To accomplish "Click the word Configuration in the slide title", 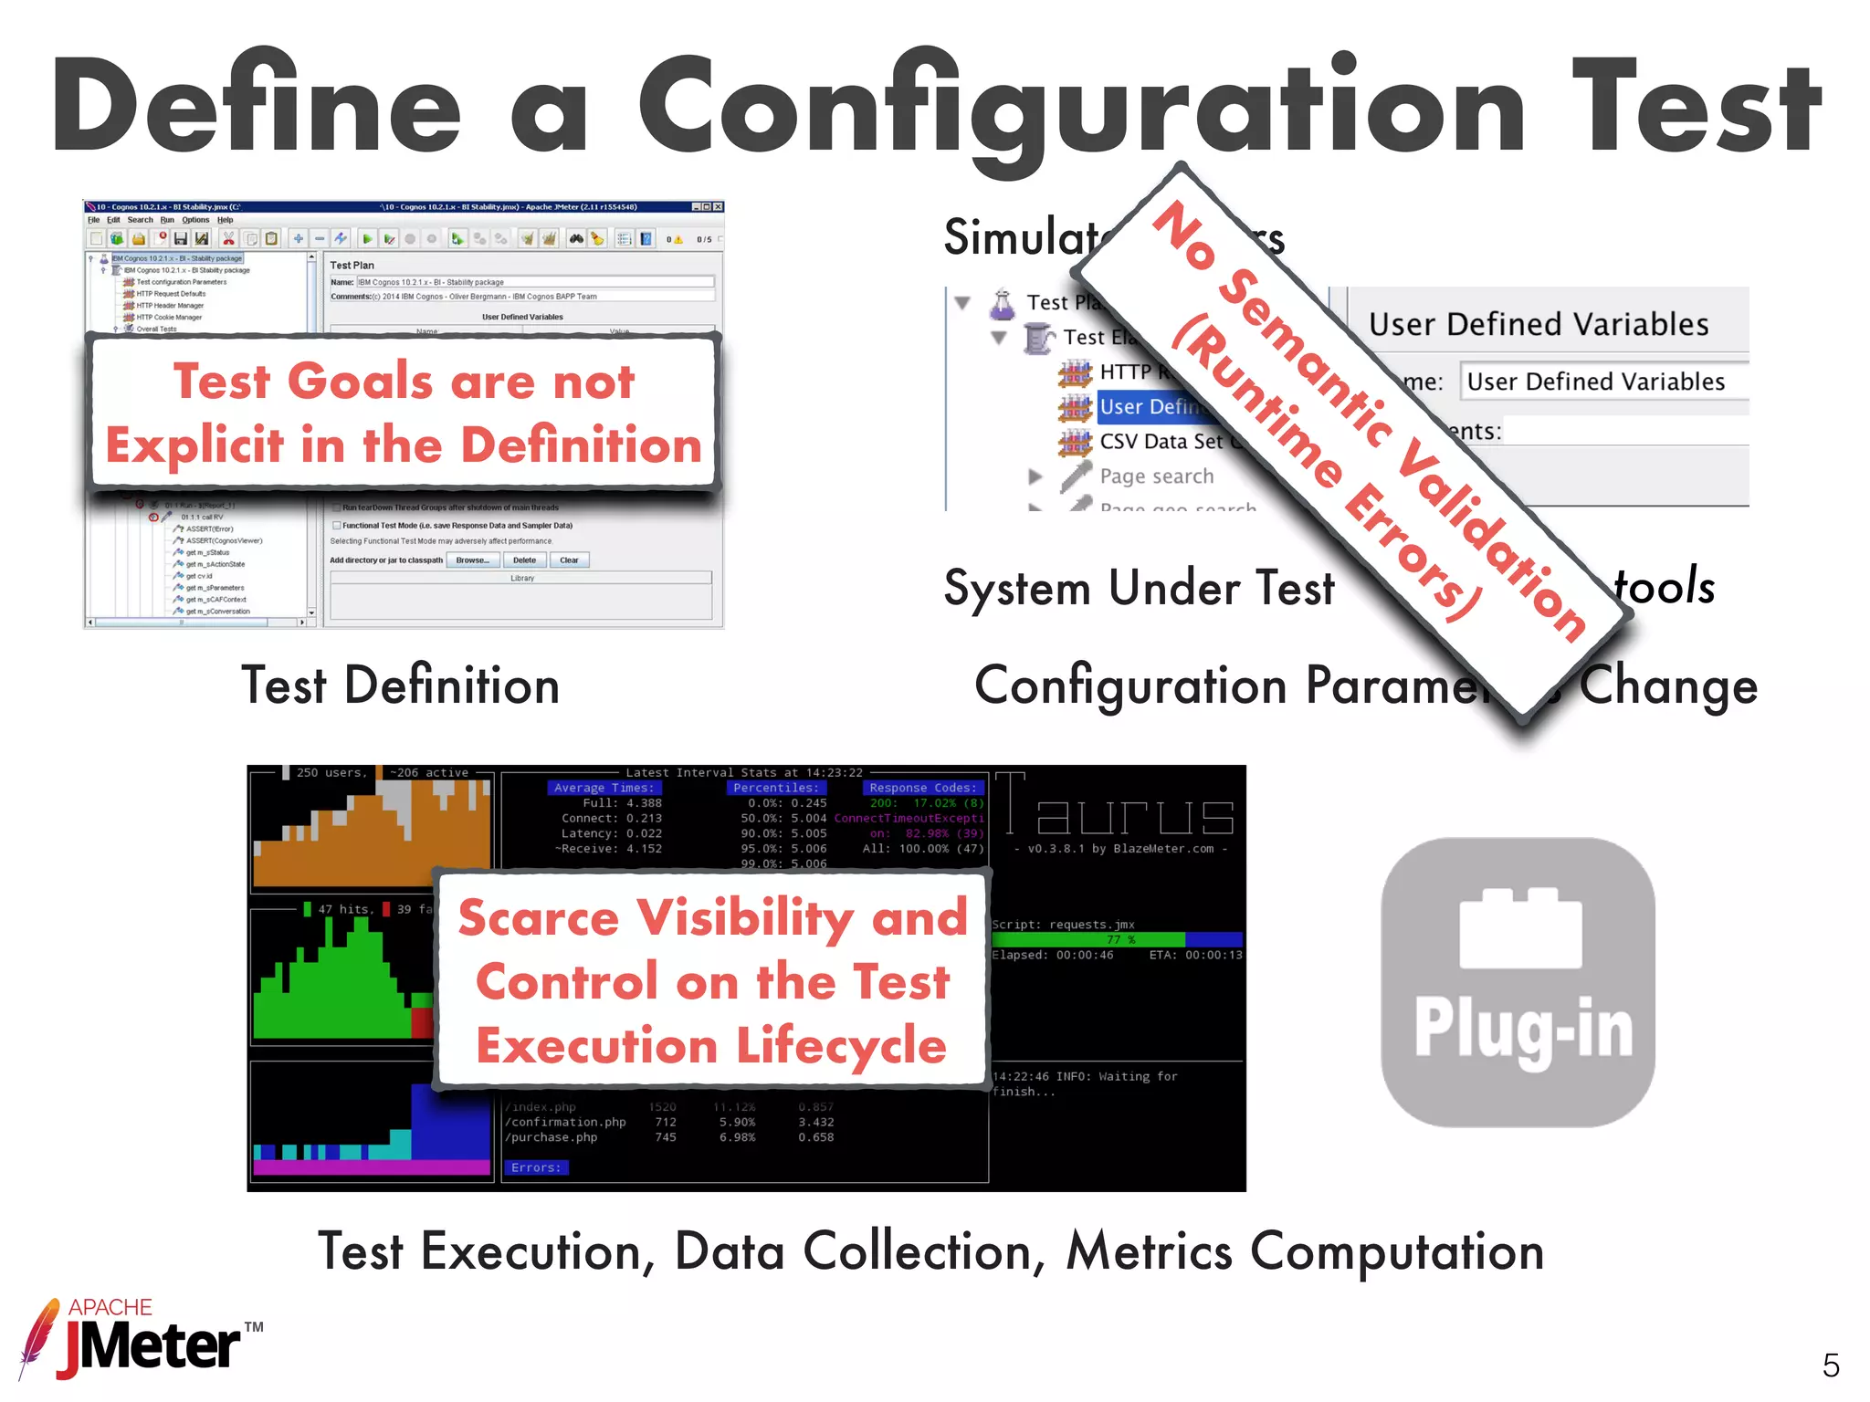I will [x=1082, y=108].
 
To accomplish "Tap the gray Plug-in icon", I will [x=1518, y=982].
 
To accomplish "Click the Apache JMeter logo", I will [x=137, y=1338].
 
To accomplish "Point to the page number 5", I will [x=1830, y=1365].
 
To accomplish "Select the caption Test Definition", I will [x=400, y=686].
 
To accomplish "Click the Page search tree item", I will [x=1156, y=476].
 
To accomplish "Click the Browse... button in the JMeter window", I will [x=472, y=560].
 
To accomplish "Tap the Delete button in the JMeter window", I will [x=524, y=560].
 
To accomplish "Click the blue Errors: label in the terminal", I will [x=536, y=1167].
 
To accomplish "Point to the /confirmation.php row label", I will [x=565, y=1122].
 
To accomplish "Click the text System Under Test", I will [x=1139, y=589].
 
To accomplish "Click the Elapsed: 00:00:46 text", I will [x=1052, y=955].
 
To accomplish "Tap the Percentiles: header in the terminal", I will [x=775, y=788].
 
